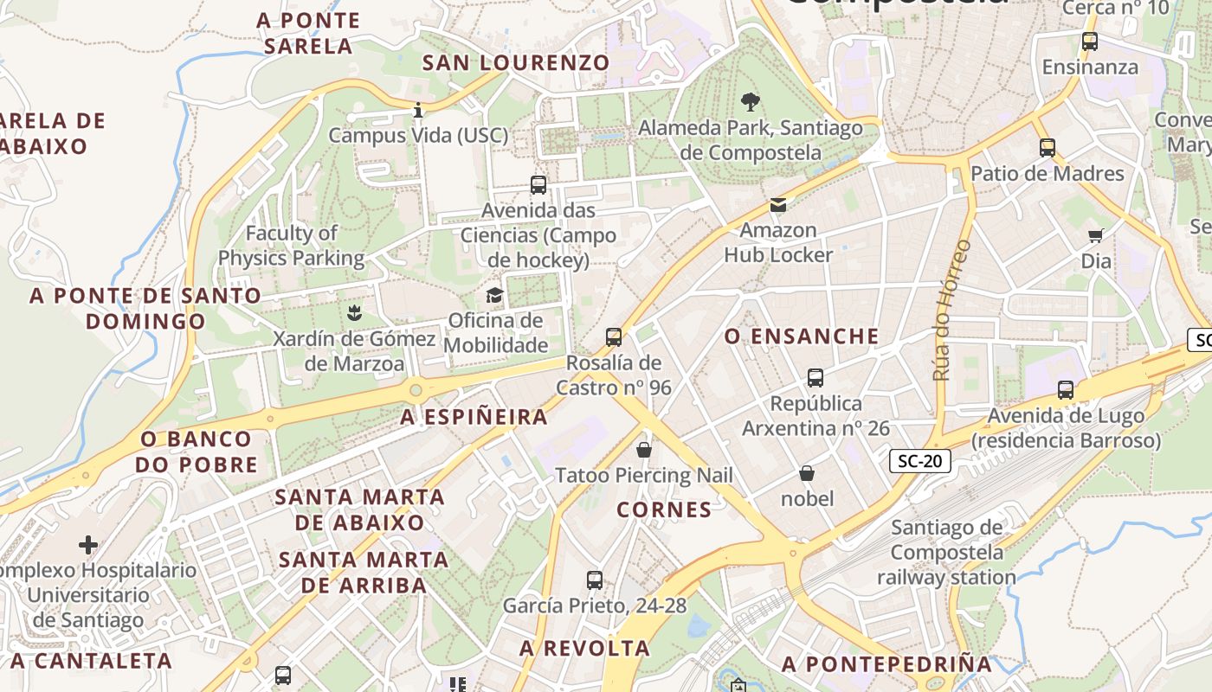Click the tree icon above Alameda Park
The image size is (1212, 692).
pos(750,103)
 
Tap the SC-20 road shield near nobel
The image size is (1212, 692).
pos(919,461)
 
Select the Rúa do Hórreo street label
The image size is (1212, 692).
pos(951,310)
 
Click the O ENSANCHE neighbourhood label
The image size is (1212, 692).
pos(802,336)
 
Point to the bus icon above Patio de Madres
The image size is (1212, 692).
pos(1048,148)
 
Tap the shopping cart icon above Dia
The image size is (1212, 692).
pos(1096,235)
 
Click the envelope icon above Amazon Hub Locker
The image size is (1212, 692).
pos(777,205)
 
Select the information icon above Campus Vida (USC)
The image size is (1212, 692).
pos(418,110)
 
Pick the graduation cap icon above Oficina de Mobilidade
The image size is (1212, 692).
pos(494,296)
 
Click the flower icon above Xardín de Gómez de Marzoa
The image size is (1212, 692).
pos(353,312)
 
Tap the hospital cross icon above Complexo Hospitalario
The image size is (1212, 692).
pos(87,545)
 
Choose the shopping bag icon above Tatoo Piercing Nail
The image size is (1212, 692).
pos(644,450)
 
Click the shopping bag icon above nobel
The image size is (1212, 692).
pos(807,473)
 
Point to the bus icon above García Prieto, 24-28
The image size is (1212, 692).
pos(594,580)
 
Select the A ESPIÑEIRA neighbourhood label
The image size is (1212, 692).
pos(474,417)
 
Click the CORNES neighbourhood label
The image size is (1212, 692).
pos(664,509)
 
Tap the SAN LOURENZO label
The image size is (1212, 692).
pos(516,62)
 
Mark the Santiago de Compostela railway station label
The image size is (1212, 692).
pos(946,552)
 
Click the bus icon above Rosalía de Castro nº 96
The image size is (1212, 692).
pos(614,337)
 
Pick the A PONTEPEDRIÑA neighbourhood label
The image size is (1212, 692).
pos(886,664)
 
